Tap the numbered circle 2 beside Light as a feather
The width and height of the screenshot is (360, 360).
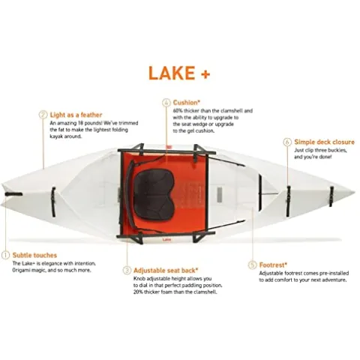tap(43, 114)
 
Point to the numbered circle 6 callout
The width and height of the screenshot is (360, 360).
tap(286, 140)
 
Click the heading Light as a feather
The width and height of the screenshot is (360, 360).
tap(76, 114)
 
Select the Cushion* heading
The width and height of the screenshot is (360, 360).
tap(187, 102)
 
